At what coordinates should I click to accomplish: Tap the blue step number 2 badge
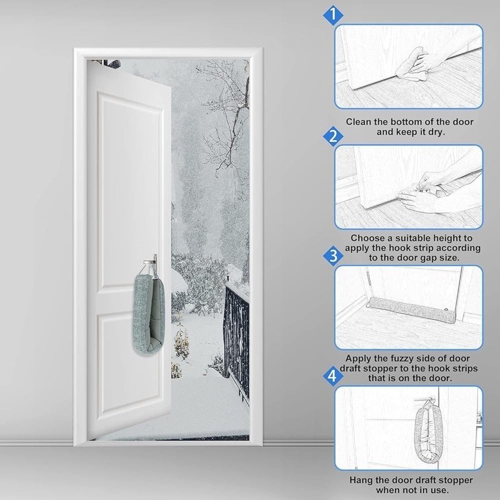334,136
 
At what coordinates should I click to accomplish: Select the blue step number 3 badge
334,256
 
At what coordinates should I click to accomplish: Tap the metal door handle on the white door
151,259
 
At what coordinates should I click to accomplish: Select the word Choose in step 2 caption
368,237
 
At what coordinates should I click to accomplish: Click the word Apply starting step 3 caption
361,359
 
